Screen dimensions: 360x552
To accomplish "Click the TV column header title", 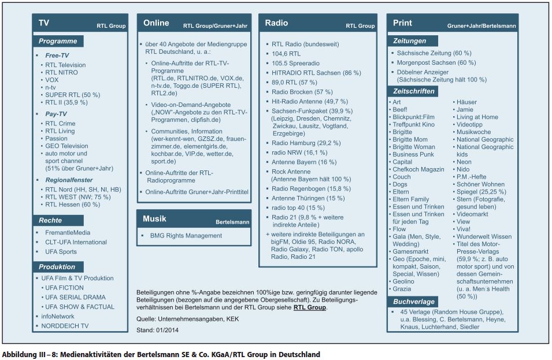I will tap(44, 23).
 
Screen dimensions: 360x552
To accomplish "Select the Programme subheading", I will tap(58, 42).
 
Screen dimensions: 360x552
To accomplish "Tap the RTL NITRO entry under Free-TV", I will tap(61, 73).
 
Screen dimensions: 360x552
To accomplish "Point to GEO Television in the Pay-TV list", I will tap(66, 146).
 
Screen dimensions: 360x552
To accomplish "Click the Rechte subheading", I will tap(50, 221).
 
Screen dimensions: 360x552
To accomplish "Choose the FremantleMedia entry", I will tap(68, 233).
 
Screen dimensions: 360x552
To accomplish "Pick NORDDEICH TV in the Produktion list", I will tap(65, 326).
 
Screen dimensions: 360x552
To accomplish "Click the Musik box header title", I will tap(154, 219).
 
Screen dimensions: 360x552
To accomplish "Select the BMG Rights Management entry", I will tap(186, 236).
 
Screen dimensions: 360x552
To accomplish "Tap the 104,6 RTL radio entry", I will tap(286, 54).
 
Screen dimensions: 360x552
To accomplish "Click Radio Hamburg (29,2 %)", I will tap(306, 143).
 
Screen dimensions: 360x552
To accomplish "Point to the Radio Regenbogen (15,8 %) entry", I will tap(311, 188).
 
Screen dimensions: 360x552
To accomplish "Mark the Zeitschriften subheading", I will tap(414, 91).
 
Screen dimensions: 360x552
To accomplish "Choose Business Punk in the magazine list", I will tap(413, 154).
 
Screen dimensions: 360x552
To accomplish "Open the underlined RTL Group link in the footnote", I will tap(310, 307).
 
